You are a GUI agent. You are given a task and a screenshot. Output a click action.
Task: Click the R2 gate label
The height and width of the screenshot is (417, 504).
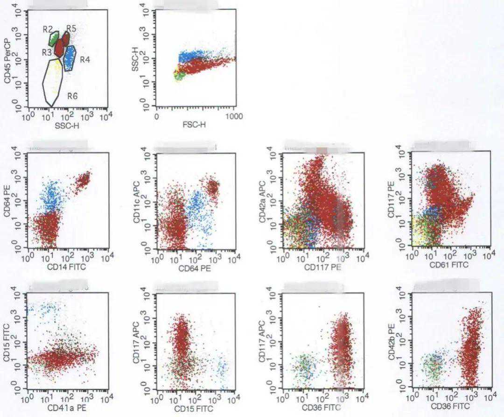point(47,29)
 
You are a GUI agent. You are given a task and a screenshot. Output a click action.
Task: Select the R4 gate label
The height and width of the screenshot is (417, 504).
point(84,60)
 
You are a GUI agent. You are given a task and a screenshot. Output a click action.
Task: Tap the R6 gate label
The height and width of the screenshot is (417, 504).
point(72,96)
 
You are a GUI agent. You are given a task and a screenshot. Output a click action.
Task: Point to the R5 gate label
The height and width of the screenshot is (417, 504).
point(71,28)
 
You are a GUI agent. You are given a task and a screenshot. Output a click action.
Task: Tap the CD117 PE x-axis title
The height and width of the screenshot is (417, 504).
point(323,268)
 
